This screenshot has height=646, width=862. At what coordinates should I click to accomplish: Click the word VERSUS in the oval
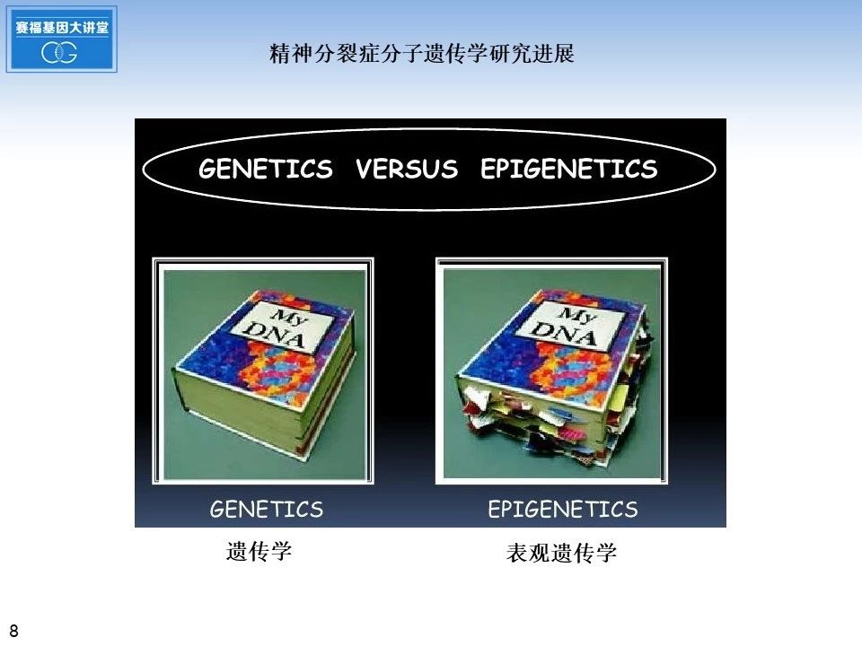pos(406,169)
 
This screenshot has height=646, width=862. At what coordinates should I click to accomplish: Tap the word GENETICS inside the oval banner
pos(266,169)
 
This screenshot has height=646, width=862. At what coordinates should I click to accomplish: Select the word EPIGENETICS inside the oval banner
pos(569,169)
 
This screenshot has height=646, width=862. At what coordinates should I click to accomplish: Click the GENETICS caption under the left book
pos(267,510)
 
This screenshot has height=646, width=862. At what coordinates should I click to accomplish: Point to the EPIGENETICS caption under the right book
pos(563,510)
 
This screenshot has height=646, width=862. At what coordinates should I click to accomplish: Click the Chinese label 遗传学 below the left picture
pos(259,551)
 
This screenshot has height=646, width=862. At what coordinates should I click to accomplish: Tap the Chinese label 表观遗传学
pos(561,553)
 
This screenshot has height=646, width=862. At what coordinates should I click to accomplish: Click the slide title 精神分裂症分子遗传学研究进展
pos(422,53)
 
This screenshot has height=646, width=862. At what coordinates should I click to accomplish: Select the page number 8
pos(13,631)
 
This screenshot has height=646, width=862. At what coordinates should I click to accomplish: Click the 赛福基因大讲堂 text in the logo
pos(62,27)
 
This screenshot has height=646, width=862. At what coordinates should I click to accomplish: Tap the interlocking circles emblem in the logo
pos(59,52)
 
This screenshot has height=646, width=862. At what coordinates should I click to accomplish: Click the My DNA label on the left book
pos(282,327)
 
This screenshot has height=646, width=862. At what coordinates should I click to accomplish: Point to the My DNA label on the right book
pos(572,327)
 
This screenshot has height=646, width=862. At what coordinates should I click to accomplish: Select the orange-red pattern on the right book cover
pos(577,368)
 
